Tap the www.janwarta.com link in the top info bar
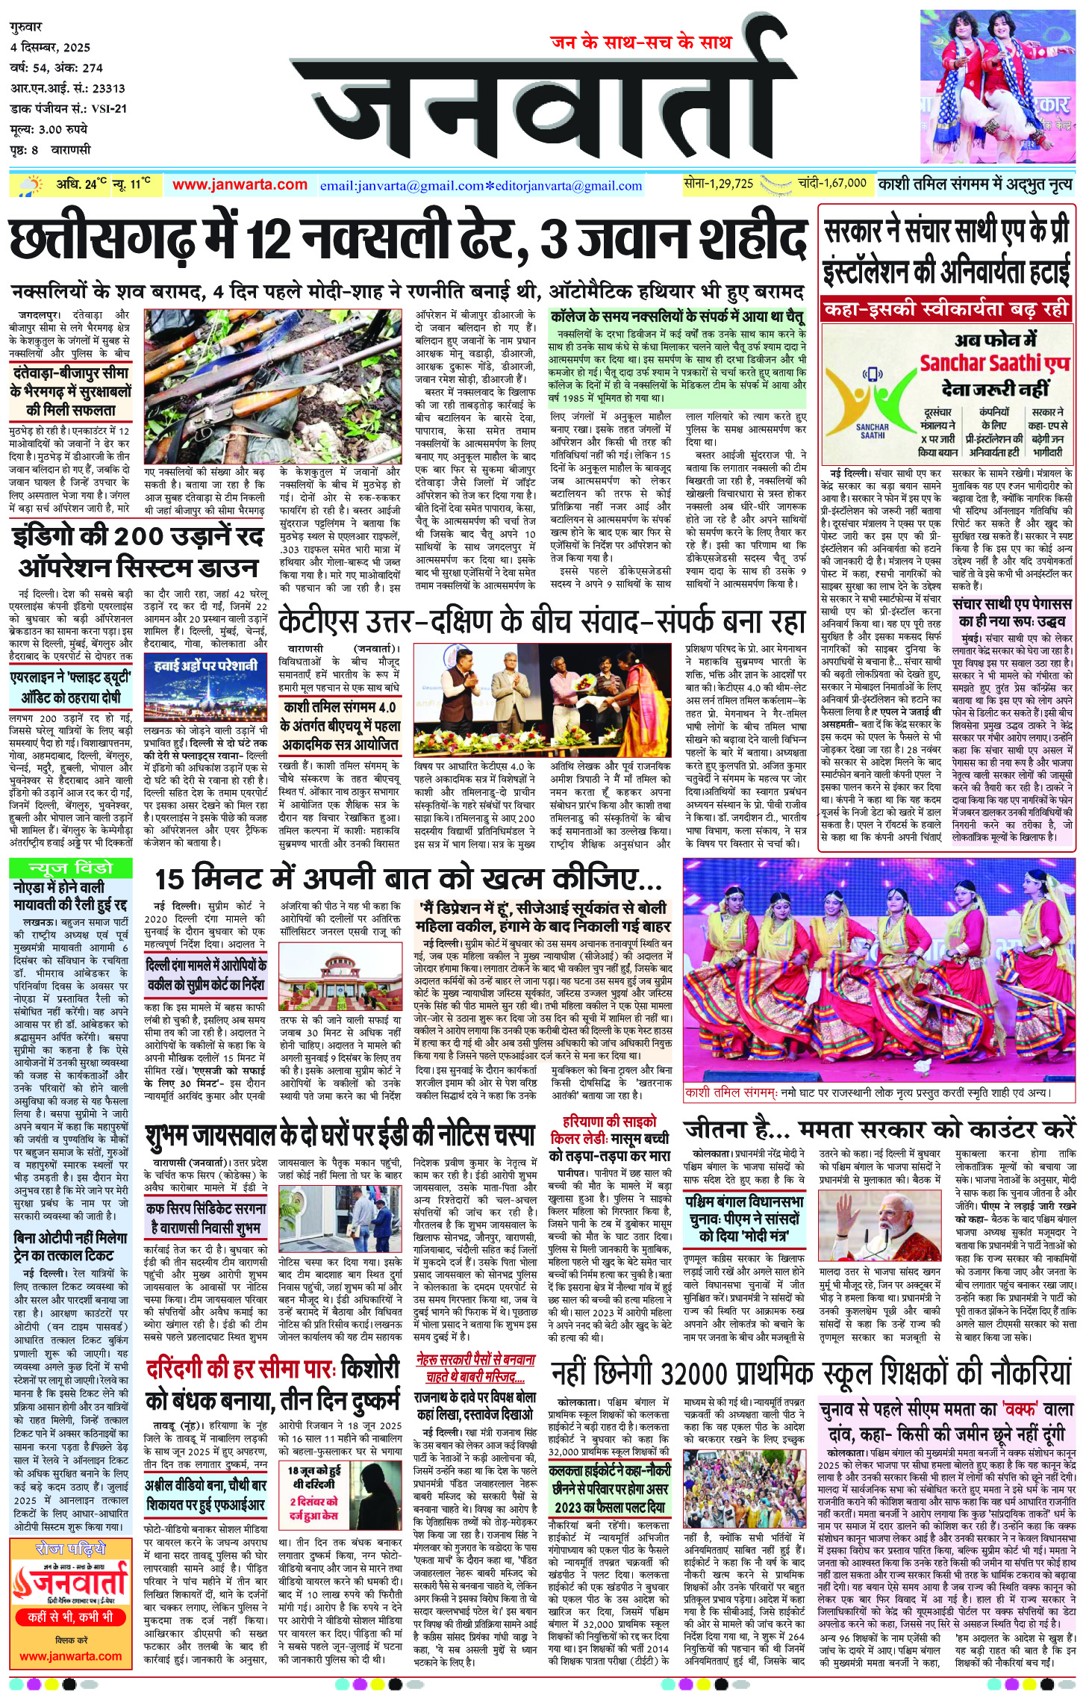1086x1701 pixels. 240,184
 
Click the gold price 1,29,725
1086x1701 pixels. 718,184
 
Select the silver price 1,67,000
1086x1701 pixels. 831,184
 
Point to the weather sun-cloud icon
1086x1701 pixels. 31,184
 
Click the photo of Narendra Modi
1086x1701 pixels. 883,1222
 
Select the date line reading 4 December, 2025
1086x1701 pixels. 51,47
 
